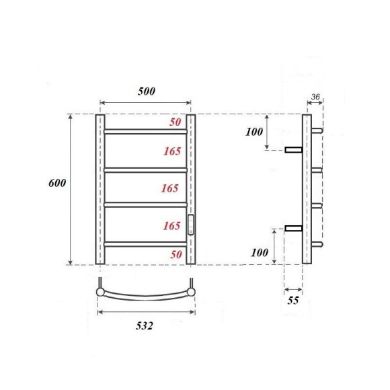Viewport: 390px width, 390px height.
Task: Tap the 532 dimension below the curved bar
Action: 145,326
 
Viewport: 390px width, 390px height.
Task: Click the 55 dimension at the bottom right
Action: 292,300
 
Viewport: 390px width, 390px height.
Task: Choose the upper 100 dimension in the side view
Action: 254,132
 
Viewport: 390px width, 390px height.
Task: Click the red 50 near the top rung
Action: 175,122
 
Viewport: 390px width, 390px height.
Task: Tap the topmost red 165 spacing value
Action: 171,151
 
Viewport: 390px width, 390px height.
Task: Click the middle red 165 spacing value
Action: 169,188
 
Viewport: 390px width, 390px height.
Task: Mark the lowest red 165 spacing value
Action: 171,226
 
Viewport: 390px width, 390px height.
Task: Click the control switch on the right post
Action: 192,224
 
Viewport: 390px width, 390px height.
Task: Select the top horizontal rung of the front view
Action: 145,131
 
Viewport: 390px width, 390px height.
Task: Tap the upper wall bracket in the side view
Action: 293,149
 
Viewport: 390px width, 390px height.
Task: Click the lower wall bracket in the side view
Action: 293,229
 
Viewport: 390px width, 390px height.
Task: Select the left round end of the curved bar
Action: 101,292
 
